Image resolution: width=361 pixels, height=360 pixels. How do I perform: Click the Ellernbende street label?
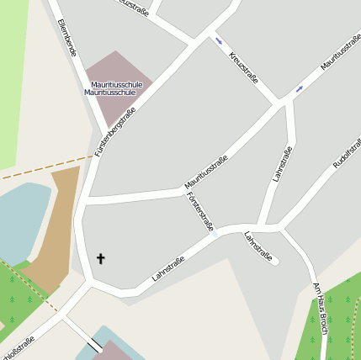pyautogui.click(x=67, y=37)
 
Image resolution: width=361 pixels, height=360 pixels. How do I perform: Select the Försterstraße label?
pyautogui.click(x=200, y=212)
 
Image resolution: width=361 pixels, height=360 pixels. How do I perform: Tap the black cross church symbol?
pyautogui.click(x=101, y=258)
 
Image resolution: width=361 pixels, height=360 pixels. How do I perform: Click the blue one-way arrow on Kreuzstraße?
pyautogui.click(x=219, y=40)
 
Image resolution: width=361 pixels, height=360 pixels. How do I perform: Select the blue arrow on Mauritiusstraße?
pyautogui.click(x=299, y=88)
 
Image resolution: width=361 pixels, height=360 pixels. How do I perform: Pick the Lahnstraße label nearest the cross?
pyautogui.click(x=167, y=268)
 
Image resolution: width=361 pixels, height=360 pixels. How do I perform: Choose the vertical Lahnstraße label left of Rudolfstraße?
pyautogui.click(x=282, y=164)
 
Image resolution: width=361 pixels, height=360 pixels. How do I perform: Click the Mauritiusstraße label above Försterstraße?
pyautogui.click(x=206, y=172)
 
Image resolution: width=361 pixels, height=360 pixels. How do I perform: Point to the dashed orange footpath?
pyautogui.click(x=42, y=167)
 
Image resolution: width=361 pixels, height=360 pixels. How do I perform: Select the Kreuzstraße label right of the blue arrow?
pyautogui.click(x=243, y=67)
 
